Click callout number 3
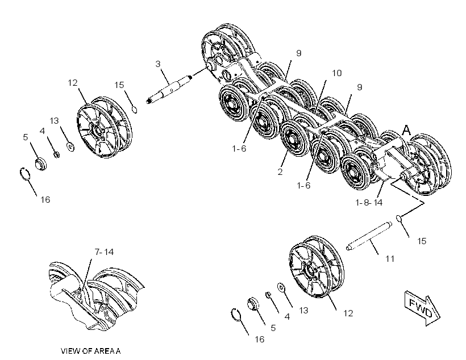coord(158,64)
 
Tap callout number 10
coord(337,73)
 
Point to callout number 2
coord(280,171)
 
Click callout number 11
coord(390,259)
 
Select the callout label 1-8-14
coord(369,203)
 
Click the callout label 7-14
coord(104,252)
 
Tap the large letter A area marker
coord(406,130)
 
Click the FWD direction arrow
coord(422,307)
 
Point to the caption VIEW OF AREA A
coord(91,351)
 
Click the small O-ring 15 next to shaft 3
coord(134,110)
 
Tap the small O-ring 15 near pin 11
coord(399,219)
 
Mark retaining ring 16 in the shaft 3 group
coord(24,174)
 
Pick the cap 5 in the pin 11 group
coord(253,304)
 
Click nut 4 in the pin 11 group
coord(268,295)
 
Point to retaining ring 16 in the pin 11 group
coord(236,315)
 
